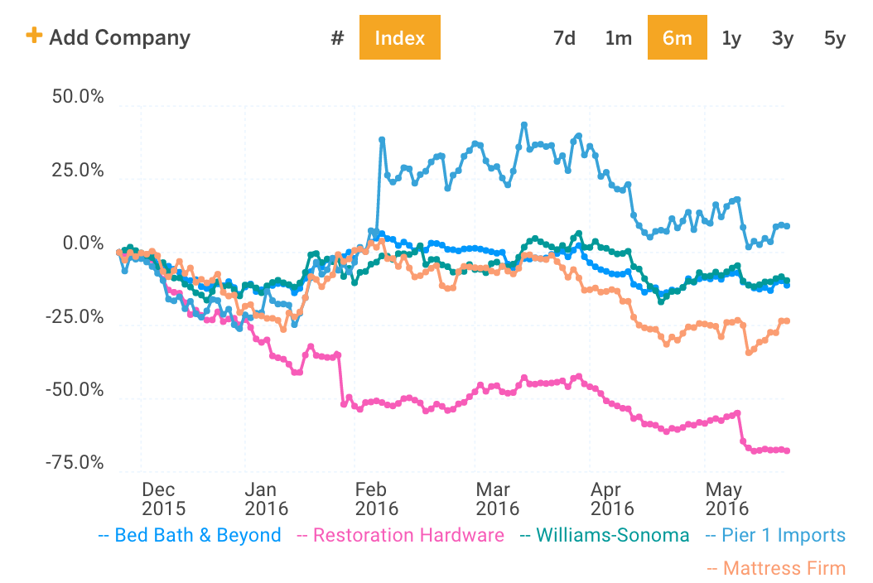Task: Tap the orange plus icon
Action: [x=34, y=36]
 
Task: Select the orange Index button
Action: [x=399, y=38]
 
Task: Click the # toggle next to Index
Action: [x=337, y=38]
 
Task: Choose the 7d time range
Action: [x=564, y=38]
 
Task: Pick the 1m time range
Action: [x=618, y=38]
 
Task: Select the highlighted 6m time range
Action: [x=677, y=38]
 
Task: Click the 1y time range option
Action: [x=731, y=38]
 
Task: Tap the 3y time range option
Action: [x=783, y=38]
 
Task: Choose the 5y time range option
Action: [x=834, y=38]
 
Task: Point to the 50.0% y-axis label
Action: [x=78, y=98]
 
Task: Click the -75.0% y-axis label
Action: [x=75, y=463]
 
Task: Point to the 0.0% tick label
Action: [x=82, y=244]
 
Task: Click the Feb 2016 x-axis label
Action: [x=376, y=499]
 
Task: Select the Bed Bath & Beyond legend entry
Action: [x=190, y=535]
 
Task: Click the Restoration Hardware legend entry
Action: [x=400, y=535]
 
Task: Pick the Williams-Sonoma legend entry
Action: [x=604, y=535]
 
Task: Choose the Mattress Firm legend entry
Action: [x=776, y=568]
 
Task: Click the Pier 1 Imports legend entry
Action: [x=775, y=535]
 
